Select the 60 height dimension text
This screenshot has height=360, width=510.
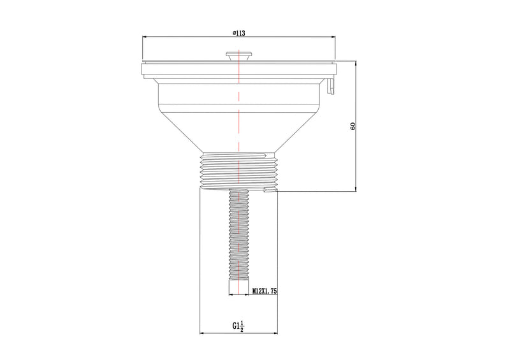click(353, 126)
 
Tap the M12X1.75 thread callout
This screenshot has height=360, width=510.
click(263, 291)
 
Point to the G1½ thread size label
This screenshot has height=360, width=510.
click(238, 327)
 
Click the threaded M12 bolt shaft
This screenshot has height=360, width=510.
click(238, 236)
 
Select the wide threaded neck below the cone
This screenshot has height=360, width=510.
click(238, 169)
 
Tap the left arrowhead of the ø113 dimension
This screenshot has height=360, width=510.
click(143, 38)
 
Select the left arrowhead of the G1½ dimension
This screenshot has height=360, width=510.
click(202, 333)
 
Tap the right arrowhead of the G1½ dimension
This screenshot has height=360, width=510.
click(275, 333)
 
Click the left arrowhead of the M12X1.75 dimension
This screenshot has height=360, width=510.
click(231, 295)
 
